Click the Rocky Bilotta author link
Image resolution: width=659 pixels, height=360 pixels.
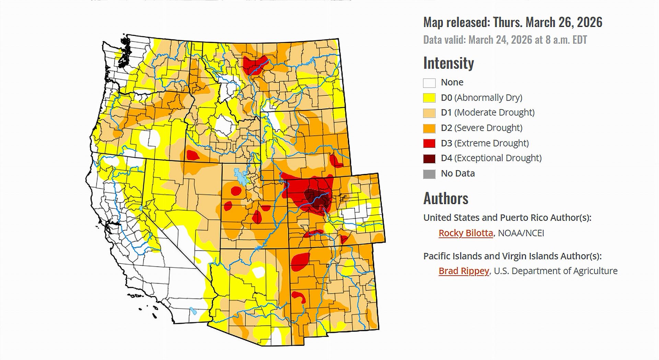click(465, 233)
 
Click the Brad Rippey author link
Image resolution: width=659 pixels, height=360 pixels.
click(463, 271)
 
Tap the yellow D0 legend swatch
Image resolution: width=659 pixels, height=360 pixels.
click(429, 98)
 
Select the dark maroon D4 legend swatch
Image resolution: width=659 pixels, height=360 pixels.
click(429, 159)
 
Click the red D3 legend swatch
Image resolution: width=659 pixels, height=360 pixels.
click(429, 143)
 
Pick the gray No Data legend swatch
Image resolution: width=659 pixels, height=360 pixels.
click(429, 174)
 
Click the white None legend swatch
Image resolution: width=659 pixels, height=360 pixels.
click(429, 83)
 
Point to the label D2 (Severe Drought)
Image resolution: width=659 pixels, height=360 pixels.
click(482, 128)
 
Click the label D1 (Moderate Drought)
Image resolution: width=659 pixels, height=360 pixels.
click(487, 113)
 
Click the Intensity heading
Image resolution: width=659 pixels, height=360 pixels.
click(448, 63)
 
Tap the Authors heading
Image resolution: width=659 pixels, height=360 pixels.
click(446, 198)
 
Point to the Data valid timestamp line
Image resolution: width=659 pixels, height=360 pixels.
click(505, 40)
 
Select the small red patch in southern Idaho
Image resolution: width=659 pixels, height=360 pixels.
click(192, 155)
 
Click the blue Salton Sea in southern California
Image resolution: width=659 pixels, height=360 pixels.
click(194, 311)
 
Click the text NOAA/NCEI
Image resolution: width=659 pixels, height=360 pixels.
click(521, 233)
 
